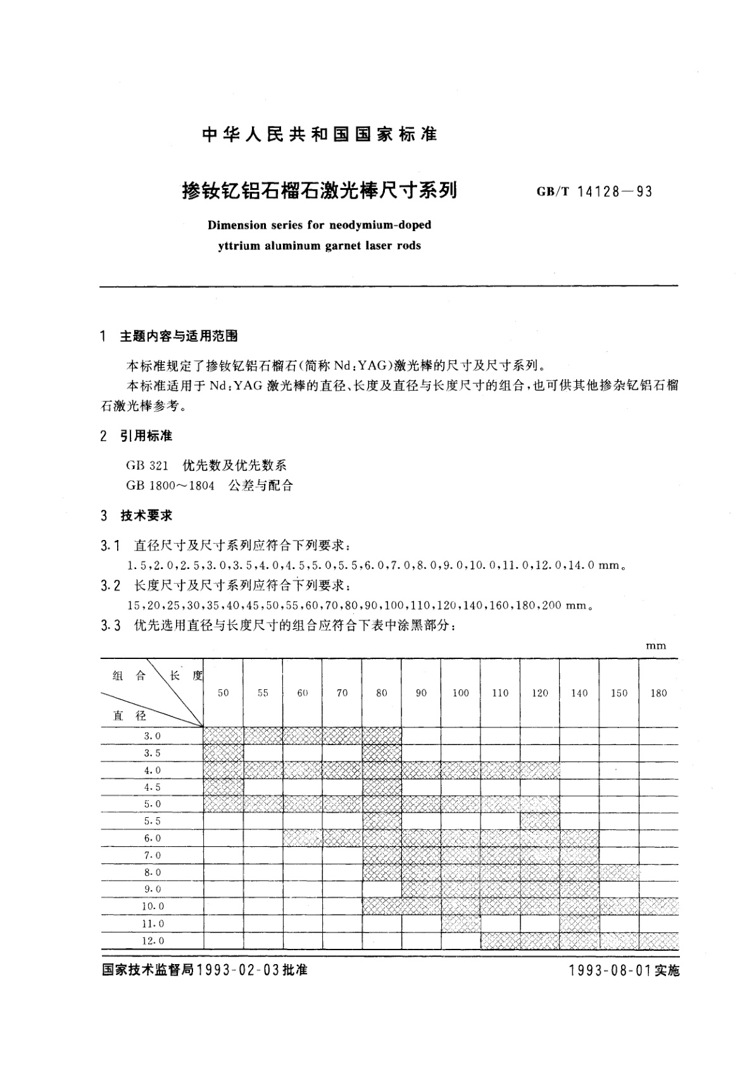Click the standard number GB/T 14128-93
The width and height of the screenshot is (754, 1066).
(594, 191)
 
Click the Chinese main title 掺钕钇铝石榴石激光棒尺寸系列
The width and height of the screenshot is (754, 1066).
(320, 190)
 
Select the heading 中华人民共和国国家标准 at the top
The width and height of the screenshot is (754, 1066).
(319, 134)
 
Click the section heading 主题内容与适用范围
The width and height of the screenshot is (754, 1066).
(179, 336)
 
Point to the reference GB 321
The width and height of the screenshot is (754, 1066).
(147, 465)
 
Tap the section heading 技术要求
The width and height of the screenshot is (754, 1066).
(146, 516)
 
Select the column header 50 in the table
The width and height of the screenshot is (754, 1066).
(223, 693)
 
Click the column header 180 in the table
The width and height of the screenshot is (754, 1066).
(658, 693)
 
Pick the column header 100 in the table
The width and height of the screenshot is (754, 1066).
(460, 693)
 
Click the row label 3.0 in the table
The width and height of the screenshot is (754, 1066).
(153, 736)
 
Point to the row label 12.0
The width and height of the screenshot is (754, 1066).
(153, 941)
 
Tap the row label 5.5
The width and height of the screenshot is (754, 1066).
(153, 821)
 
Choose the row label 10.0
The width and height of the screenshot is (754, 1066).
(153, 906)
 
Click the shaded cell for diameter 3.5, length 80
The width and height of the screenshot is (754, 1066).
(382, 753)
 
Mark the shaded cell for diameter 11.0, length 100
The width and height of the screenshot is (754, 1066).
(460, 924)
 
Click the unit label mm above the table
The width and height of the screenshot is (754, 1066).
(656, 646)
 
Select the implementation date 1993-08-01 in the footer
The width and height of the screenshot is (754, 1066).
(610, 970)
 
